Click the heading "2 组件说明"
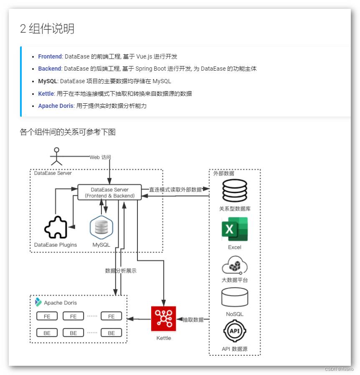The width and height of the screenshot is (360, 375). click(47, 29)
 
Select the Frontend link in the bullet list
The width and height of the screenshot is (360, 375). click(50, 56)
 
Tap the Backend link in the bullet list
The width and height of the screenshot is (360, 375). click(49, 69)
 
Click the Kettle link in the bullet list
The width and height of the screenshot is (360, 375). click(46, 94)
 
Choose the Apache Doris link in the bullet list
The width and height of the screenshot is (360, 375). click(56, 106)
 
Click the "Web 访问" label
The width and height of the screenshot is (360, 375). click(100, 157)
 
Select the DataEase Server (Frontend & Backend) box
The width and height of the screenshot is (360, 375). click(109, 192)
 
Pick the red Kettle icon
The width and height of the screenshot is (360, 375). click(163, 319)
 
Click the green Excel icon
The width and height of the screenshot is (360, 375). click(234, 229)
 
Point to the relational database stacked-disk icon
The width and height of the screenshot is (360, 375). click(235, 191)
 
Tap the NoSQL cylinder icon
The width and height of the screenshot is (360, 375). click(234, 298)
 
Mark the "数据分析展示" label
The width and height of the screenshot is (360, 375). click(121, 270)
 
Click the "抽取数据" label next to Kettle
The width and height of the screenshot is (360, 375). click(193, 319)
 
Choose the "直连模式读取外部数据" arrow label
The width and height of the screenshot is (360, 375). click(175, 189)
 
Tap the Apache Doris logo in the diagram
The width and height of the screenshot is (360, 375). click(38, 302)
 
